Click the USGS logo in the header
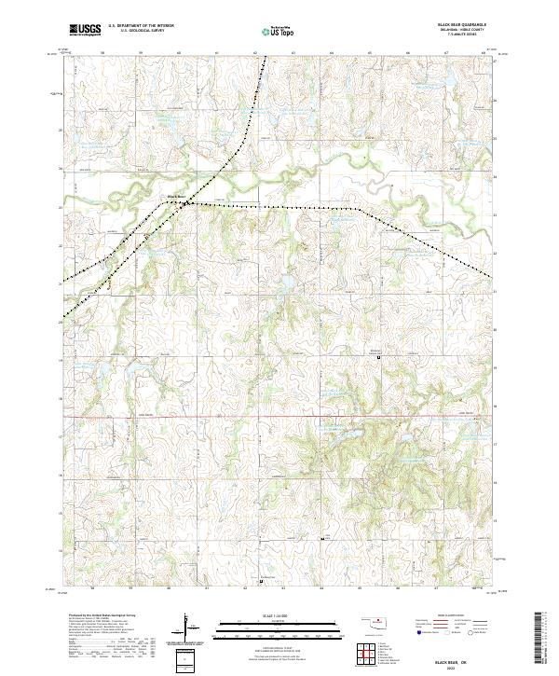coord(85,30)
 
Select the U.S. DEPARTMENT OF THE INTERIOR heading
coord(141,26)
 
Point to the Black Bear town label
coord(175,196)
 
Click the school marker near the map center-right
coord(378,355)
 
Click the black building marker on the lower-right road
coord(322,539)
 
